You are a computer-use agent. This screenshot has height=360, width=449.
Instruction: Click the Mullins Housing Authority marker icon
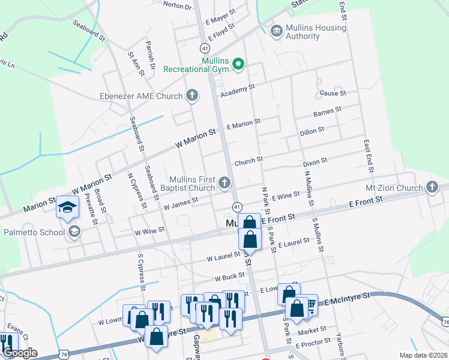(277, 31)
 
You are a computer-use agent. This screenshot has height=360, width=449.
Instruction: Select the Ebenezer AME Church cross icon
(192, 95)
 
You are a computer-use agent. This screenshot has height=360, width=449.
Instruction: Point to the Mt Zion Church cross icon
(432, 187)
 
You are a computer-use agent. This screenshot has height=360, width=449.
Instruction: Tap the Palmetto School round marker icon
(74, 232)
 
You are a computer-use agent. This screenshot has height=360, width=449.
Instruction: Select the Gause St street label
(333, 93)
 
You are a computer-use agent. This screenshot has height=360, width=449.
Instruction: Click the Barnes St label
(327, 110)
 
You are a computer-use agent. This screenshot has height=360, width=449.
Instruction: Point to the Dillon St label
(312, 129)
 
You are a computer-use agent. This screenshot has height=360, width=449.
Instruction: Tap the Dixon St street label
(315, 161)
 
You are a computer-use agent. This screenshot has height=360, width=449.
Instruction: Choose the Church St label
(249, 160)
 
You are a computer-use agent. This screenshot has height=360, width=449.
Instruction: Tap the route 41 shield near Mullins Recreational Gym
(206, 47)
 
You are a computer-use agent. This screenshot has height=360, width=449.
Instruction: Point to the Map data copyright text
(423, 355)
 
